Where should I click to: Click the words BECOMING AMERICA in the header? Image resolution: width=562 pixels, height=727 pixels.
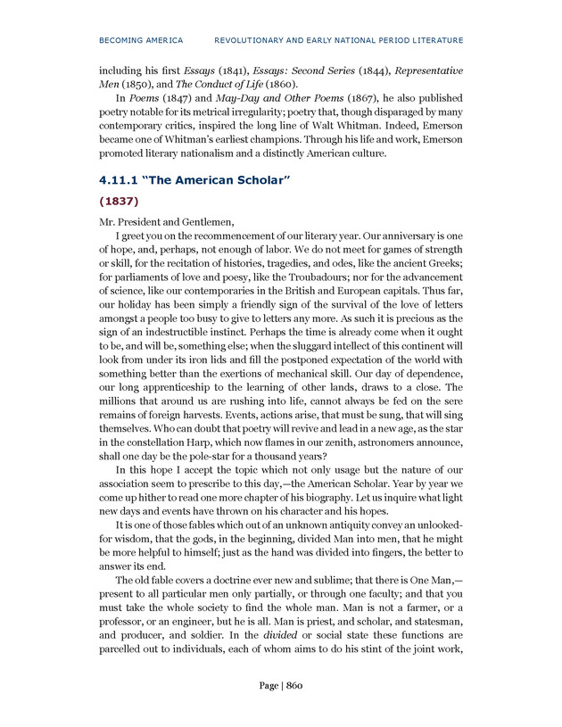141,40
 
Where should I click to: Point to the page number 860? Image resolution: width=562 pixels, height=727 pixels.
294,685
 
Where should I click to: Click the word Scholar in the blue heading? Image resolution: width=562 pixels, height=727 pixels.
259,181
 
